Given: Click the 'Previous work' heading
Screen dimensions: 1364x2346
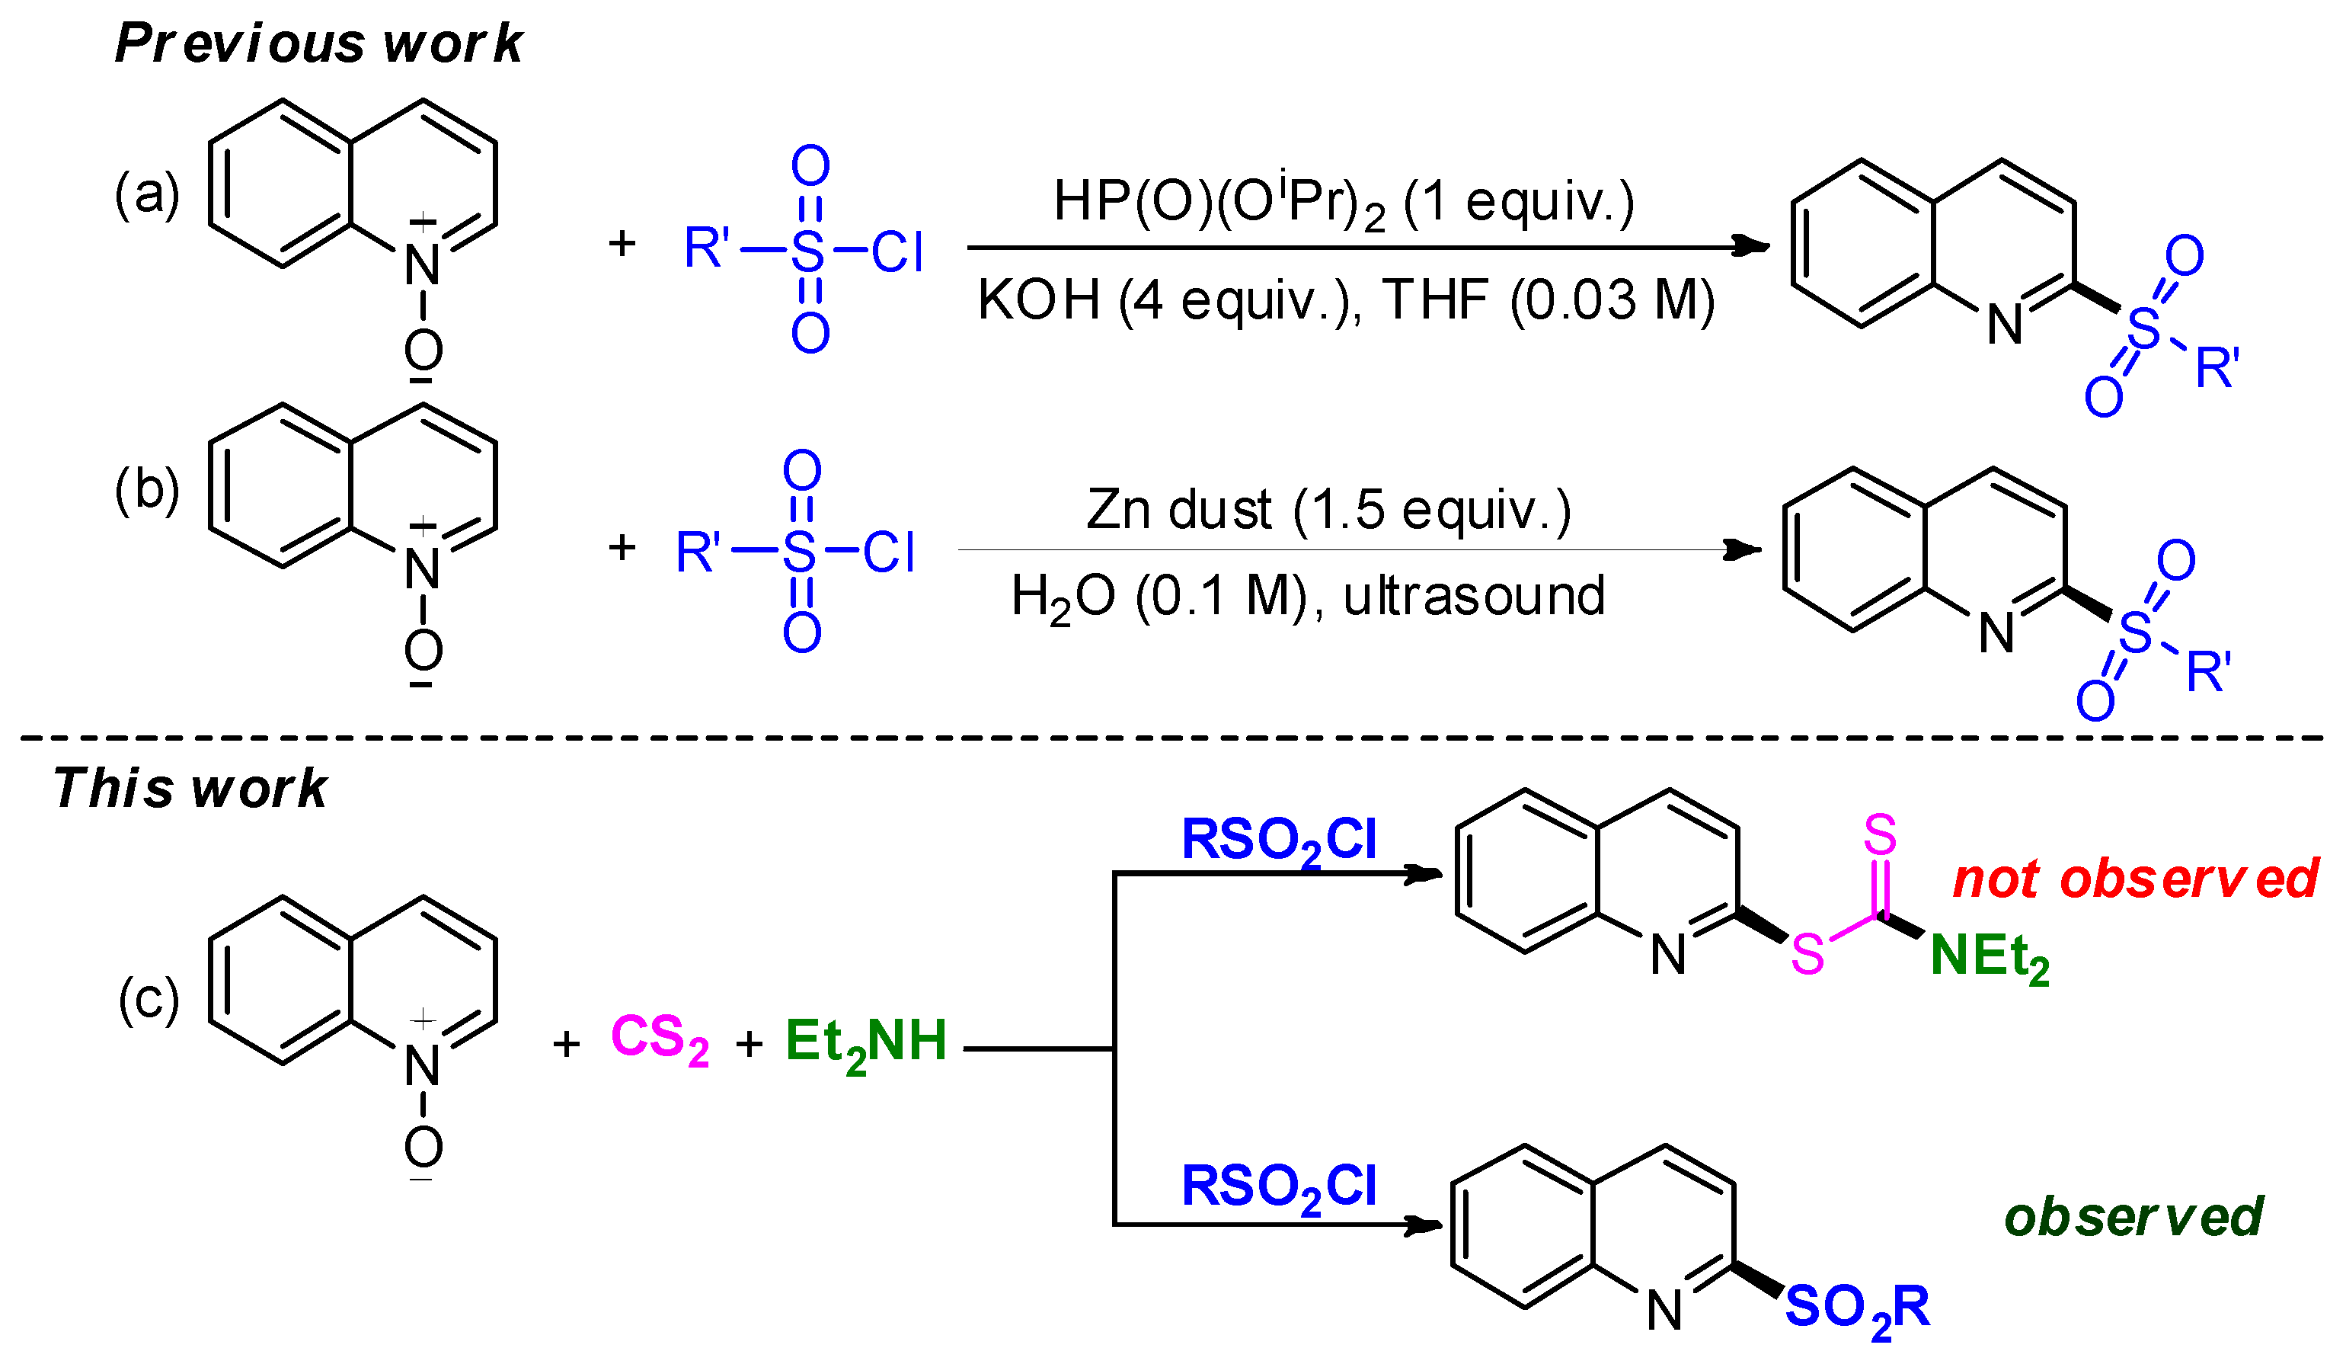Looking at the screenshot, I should point(318,43).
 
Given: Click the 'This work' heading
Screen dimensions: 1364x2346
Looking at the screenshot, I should point(190,788).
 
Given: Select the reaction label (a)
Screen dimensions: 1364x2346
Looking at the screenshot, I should point(146,194).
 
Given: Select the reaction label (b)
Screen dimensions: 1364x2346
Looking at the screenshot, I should point(146,491).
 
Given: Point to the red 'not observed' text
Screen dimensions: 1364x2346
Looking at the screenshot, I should point(2133,878).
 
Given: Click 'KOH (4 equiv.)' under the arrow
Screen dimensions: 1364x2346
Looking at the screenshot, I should point(1168,301).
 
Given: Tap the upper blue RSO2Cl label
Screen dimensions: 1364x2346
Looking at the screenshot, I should point(1277,840).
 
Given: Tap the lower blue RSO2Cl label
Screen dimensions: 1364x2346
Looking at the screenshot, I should point(1277,1187).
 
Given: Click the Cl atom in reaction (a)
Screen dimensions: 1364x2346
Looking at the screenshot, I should point(897,251).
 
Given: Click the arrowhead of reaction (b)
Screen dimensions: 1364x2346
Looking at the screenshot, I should point(1744,549).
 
